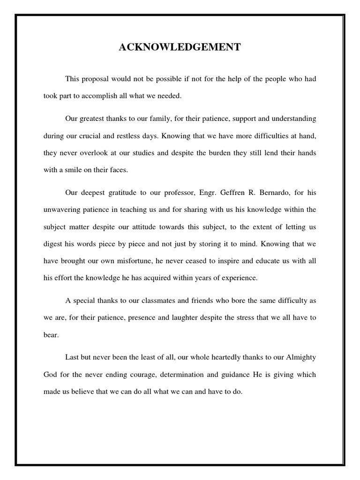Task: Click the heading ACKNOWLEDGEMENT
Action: tap(180, 47)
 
